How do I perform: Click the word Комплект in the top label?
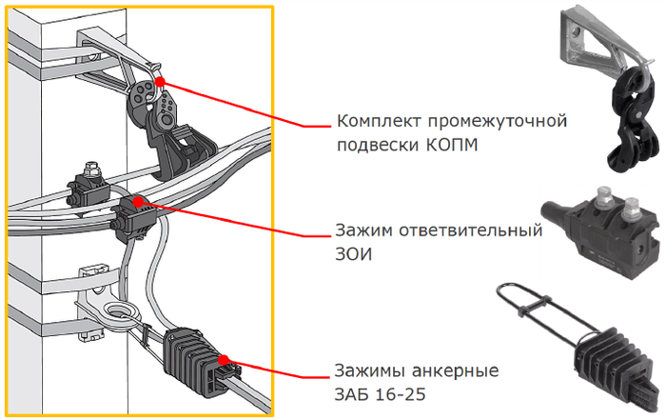380,122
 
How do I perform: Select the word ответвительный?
471,230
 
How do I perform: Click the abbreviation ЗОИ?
353,254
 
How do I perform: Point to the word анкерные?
456,370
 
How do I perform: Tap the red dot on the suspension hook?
160,81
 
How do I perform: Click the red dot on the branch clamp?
138,201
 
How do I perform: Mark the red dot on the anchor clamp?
224,361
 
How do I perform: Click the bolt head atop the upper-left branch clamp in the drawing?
91,170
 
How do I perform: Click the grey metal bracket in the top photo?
595,40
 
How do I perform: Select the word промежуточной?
497,122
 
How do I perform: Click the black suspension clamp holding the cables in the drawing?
173,137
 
